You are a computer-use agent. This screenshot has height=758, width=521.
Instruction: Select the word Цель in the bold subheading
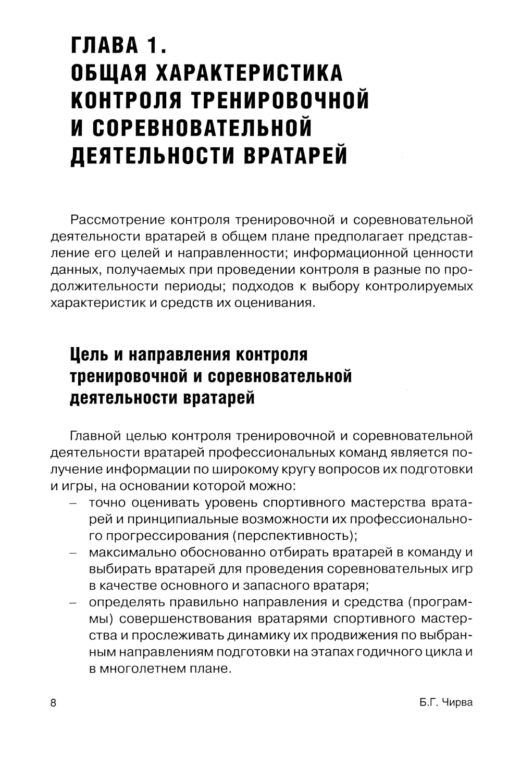pyautogui.click(x=89, y=355)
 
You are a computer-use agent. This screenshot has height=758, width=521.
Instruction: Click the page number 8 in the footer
pyautogui.click(x=53, y=703)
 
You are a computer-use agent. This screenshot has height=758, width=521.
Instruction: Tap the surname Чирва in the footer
pyautogui.click(x=457, y=703)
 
